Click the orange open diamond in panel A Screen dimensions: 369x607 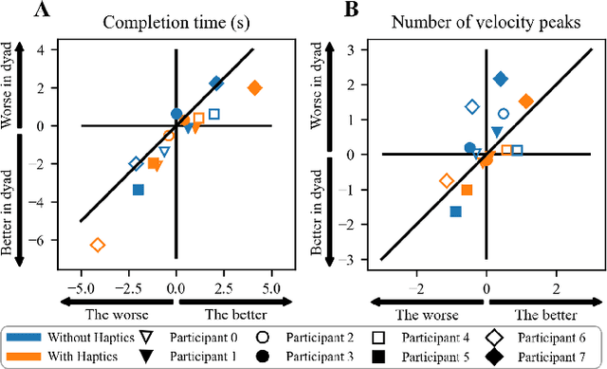click(97, 245)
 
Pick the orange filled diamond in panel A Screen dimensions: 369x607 click(254, 88)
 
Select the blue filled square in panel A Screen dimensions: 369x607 click(138, 190)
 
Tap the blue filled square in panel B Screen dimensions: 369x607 click(456, 212)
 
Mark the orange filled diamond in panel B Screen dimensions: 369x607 click(526, 101)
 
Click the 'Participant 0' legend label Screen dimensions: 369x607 click(209, 335)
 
